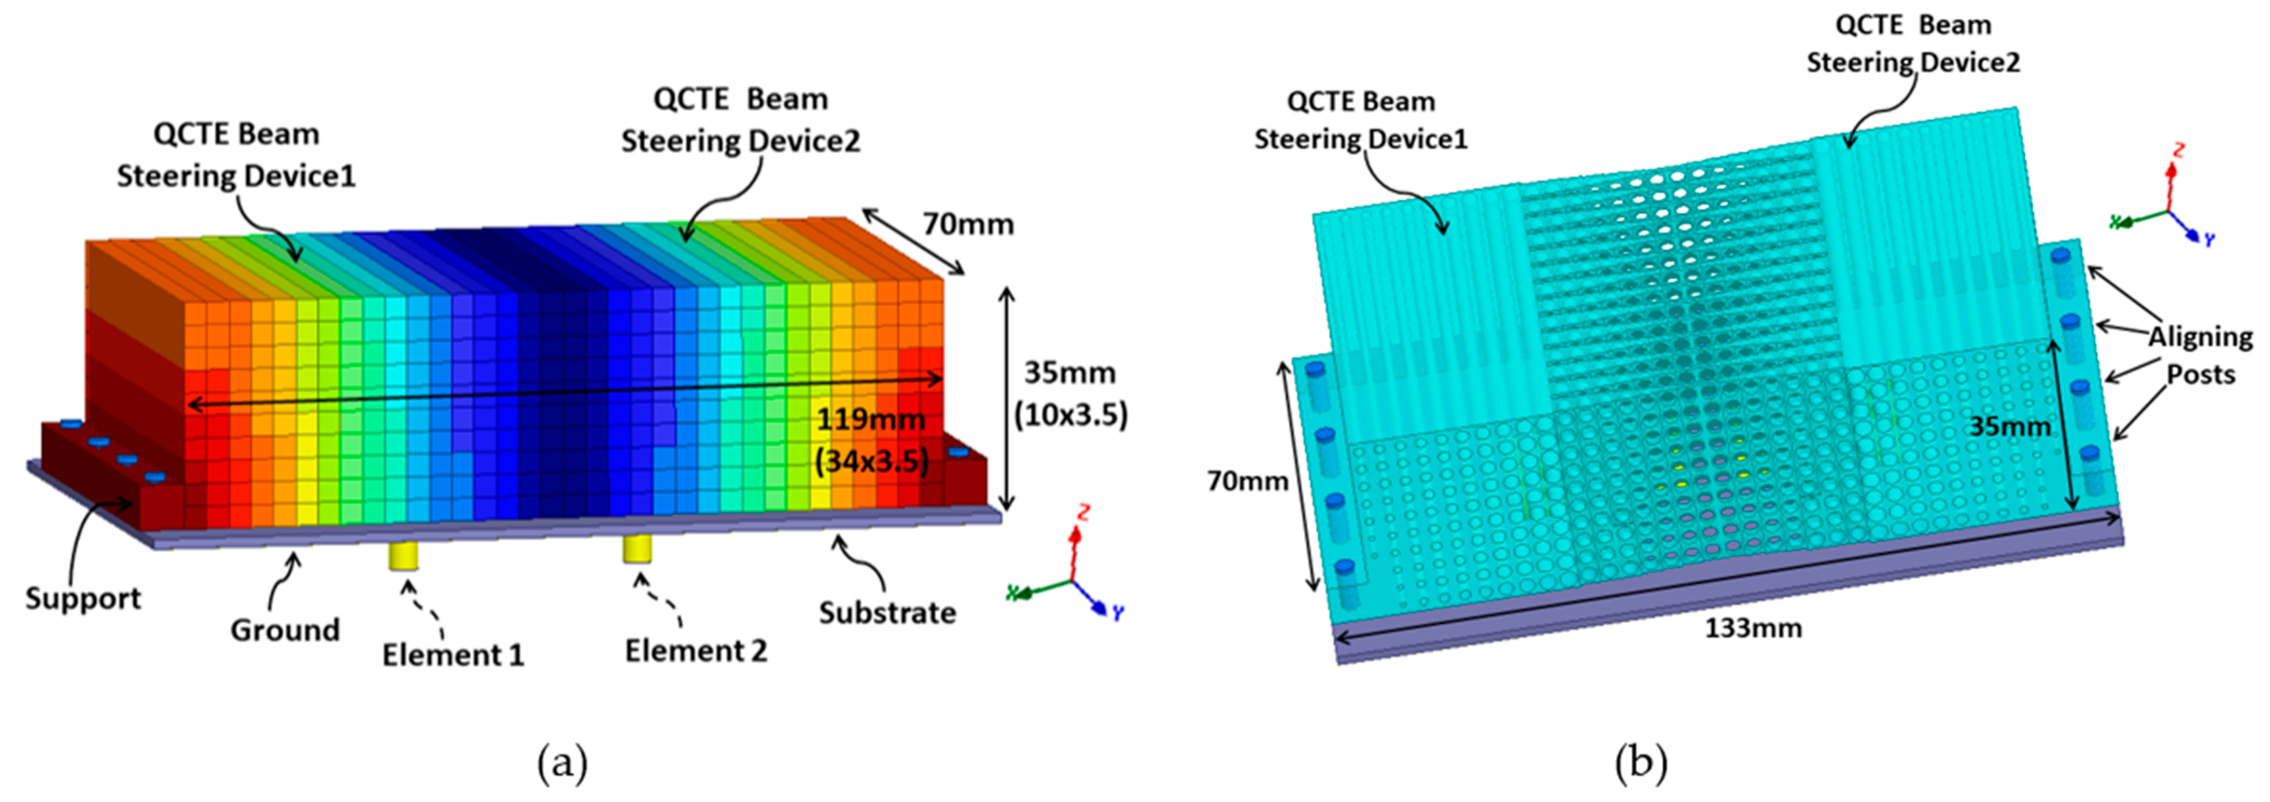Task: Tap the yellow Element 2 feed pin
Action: [637, 548]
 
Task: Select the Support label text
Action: [83, 599]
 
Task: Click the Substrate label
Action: [887, 613]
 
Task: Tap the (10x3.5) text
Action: [1070, 414]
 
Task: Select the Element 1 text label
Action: [453, 655]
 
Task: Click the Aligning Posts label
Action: [2201, 355]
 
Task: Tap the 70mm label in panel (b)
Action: [1247, 481]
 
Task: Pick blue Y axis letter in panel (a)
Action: [1117, 611]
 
